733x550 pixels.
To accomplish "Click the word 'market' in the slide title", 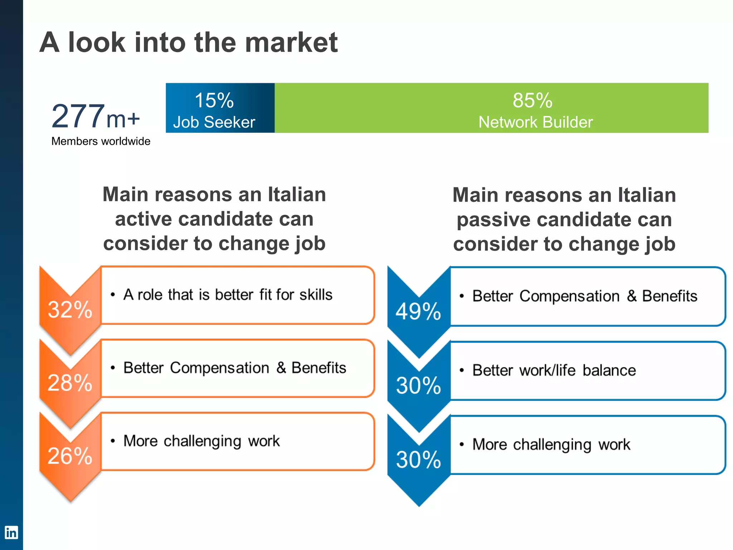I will click(x=291, y=42).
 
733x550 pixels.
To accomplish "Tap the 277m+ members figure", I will click(x=95, y=117).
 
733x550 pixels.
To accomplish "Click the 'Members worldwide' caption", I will click(x=101, y=141).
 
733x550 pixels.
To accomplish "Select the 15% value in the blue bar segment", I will click(x=214, y=100).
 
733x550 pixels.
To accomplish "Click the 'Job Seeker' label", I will click(x=214, y=122).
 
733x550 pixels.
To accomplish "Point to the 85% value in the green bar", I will click(x=532, y=100).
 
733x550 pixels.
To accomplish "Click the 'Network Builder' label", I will click(x=535, y=122).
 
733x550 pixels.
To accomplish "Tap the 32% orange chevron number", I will click(x=70, y=309).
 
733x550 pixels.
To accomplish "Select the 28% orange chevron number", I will click(x=70, y=382).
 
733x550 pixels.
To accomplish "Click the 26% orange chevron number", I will click(x=70, y=456).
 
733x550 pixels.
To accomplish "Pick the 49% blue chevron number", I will click(x=418, y=311).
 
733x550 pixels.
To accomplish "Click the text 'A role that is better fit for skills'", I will click(x=228, y=295).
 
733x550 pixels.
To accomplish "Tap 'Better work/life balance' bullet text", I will click(x=554, y=370).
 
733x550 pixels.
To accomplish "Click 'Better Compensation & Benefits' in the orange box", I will click(x=235, y=368).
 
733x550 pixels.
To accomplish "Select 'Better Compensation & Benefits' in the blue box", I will click(x=584, y=296).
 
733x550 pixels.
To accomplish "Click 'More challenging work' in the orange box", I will click(x=202, y=441).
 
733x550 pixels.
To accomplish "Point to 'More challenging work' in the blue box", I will click(x=551, y=444).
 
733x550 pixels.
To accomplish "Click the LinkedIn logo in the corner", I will click(x=11, y=532).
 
